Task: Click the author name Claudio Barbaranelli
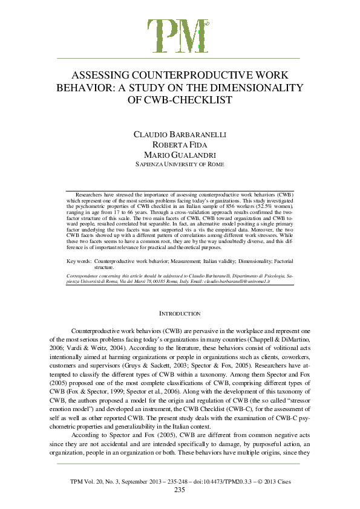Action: point(180,134)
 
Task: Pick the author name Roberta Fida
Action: point(180,145)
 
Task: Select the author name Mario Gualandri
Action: point(180,155)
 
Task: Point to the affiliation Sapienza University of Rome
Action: point(180,164)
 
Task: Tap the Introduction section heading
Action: point(180,314)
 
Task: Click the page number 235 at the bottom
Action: point(180,490)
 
